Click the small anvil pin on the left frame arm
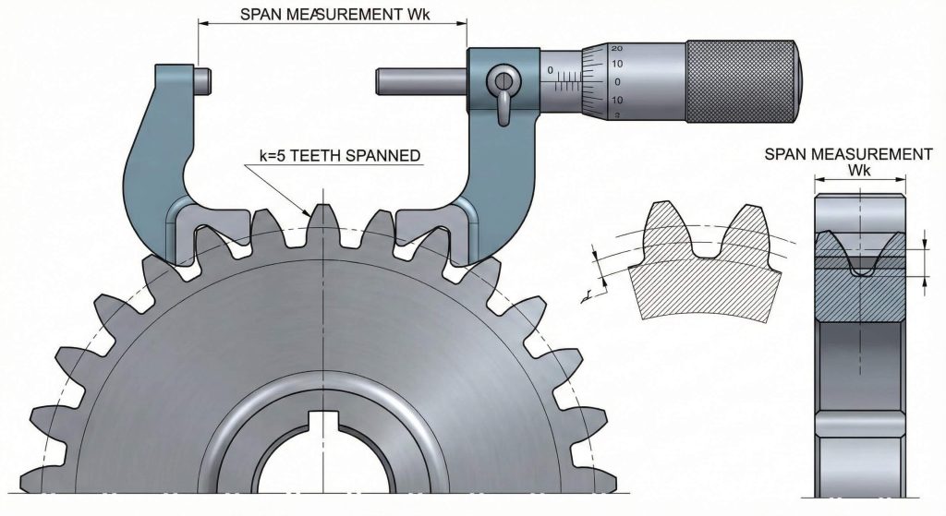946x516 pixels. pos(204,78)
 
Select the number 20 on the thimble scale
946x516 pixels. pos(616,47)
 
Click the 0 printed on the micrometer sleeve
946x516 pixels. pos(551,70)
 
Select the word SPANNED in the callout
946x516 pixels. pos(383,157)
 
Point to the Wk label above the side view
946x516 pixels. pos(859,172)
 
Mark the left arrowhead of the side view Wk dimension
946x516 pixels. pos(817,186)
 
